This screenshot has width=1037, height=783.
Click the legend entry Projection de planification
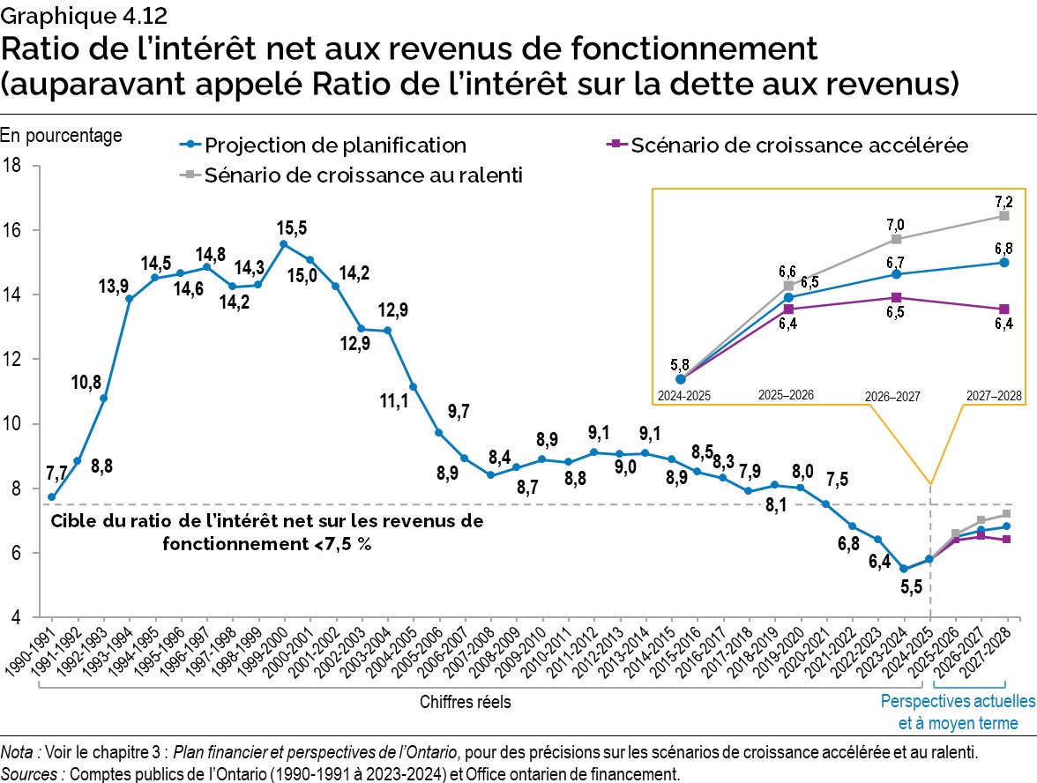point(335,145)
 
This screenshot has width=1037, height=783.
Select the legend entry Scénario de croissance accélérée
point(799,145)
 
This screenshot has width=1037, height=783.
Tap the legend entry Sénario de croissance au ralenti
point(363,175)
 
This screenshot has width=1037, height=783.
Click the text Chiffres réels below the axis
point(465,702)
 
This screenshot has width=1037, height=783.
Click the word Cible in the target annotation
point(73,521)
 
